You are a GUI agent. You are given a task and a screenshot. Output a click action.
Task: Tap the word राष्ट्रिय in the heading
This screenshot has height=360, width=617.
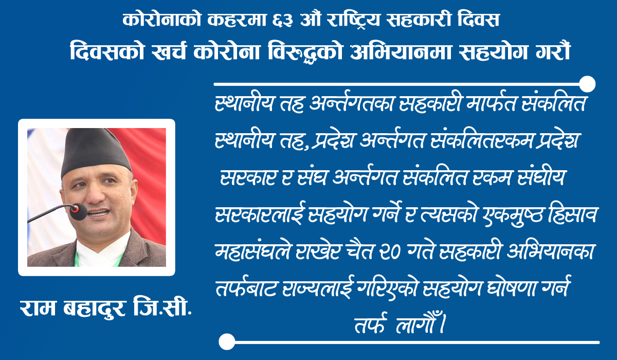pyautogui.click(x=353, y=20)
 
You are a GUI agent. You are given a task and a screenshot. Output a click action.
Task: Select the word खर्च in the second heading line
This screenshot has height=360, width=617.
pyautogui.click(x=168, y=51)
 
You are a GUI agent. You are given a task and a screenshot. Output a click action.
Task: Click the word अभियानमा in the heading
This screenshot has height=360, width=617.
pyautogui.click(x=400, y=51)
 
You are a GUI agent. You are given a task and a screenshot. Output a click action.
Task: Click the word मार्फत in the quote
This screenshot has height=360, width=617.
pyautogui.click(x=491, y=103)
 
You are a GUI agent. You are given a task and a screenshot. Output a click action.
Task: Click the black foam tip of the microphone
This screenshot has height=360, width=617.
pyautogui.click(x=79, y=211)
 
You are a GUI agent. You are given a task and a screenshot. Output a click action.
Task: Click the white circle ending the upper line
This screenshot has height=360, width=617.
pyautogui.click(x=587, y=84)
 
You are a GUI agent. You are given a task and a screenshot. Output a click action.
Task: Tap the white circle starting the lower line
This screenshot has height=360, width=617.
pyautogui.click(x=227, y=342)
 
